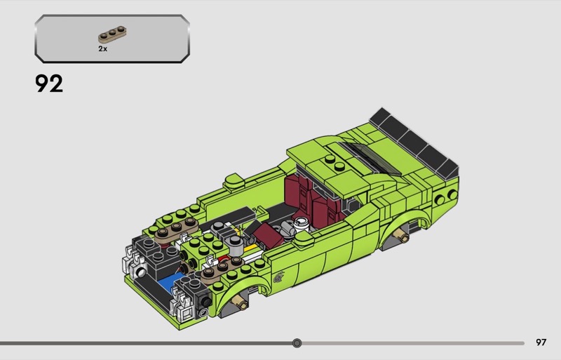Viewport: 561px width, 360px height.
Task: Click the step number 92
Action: point(49,84)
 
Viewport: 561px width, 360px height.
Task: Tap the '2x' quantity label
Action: point(102,48)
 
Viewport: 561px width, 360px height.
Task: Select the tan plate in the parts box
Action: point(112,35)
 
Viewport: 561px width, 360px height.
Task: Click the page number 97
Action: point(541,342)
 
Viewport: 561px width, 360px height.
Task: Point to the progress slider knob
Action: point(297,343)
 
